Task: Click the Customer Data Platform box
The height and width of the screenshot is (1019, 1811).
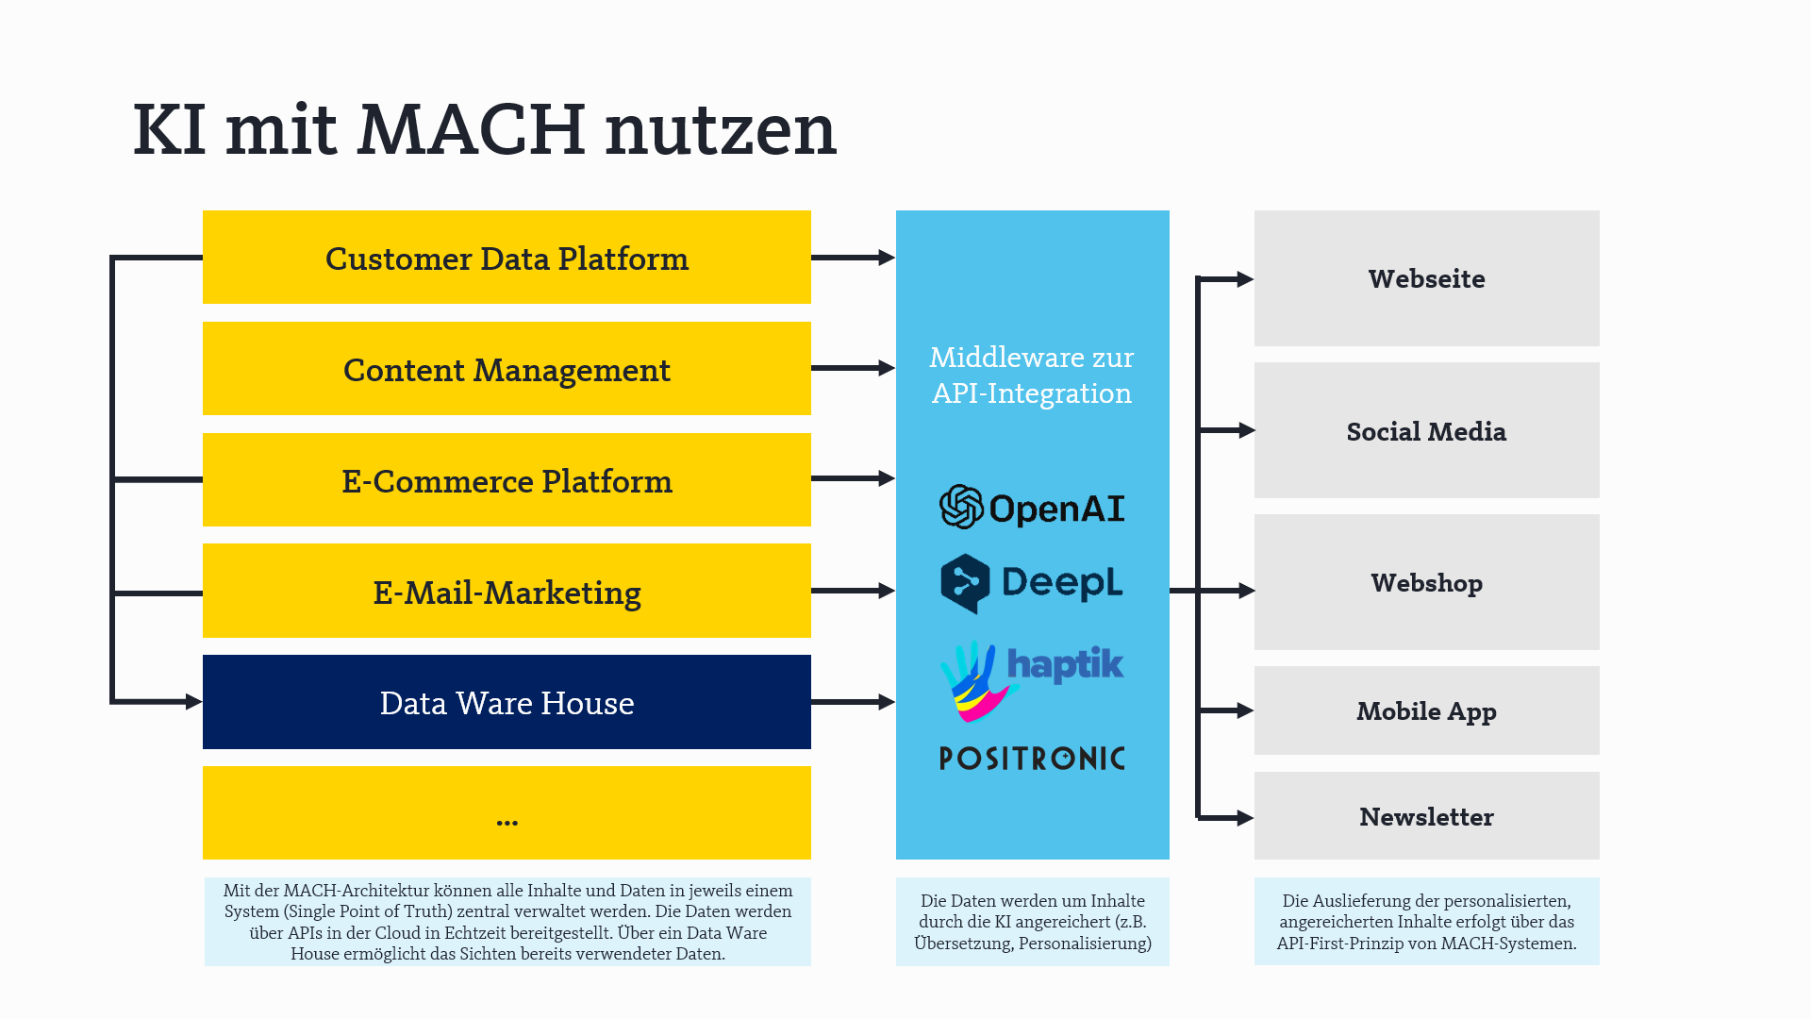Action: (507, 258)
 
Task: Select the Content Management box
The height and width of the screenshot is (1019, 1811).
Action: (507, 369)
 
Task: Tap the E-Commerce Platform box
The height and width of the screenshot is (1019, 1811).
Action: (507, 480)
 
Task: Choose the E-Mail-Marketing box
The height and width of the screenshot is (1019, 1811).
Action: (507, 592)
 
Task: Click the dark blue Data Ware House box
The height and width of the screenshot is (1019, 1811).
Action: (507, 703)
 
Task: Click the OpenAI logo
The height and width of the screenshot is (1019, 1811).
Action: (1032, 508)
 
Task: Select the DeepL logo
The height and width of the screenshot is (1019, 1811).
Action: (1032, 583)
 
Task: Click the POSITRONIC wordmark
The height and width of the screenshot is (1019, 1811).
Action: (1032, 759)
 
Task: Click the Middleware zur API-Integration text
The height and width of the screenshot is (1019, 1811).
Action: (1032, 376)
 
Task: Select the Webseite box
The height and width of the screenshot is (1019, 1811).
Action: (1426, 278)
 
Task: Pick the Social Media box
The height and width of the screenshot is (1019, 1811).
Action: (1426, 431)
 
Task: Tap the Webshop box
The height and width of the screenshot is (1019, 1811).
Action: (1426, 583)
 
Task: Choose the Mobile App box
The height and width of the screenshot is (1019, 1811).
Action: (1426, 710)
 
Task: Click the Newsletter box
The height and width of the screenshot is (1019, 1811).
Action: (1426, 816)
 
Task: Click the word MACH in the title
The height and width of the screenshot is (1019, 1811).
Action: (472, 129)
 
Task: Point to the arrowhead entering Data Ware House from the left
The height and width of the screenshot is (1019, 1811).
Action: (194, 702)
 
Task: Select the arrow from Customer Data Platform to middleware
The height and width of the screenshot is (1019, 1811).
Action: (852, 258)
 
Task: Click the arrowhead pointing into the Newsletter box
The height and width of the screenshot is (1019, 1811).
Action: (1245, 818)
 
